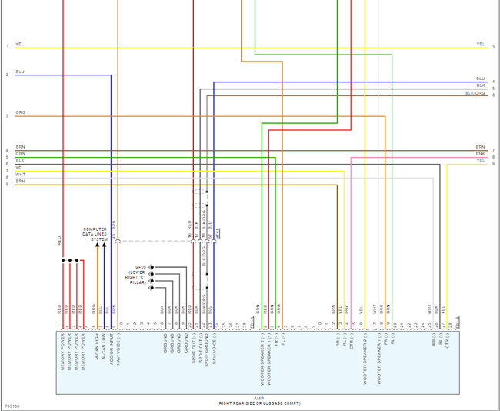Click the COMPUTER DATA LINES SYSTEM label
pos(95,234)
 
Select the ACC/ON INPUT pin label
pos(112,347)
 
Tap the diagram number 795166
pos(12,406)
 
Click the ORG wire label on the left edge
pos(19,115)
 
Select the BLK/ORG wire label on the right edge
pos(475,92)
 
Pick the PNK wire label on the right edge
pos(480,154)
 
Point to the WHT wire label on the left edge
pos(19,174)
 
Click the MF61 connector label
pos(218,232)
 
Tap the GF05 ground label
pos(141,266)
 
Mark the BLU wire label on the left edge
pos(19,72)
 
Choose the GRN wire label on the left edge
pos(19,153)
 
